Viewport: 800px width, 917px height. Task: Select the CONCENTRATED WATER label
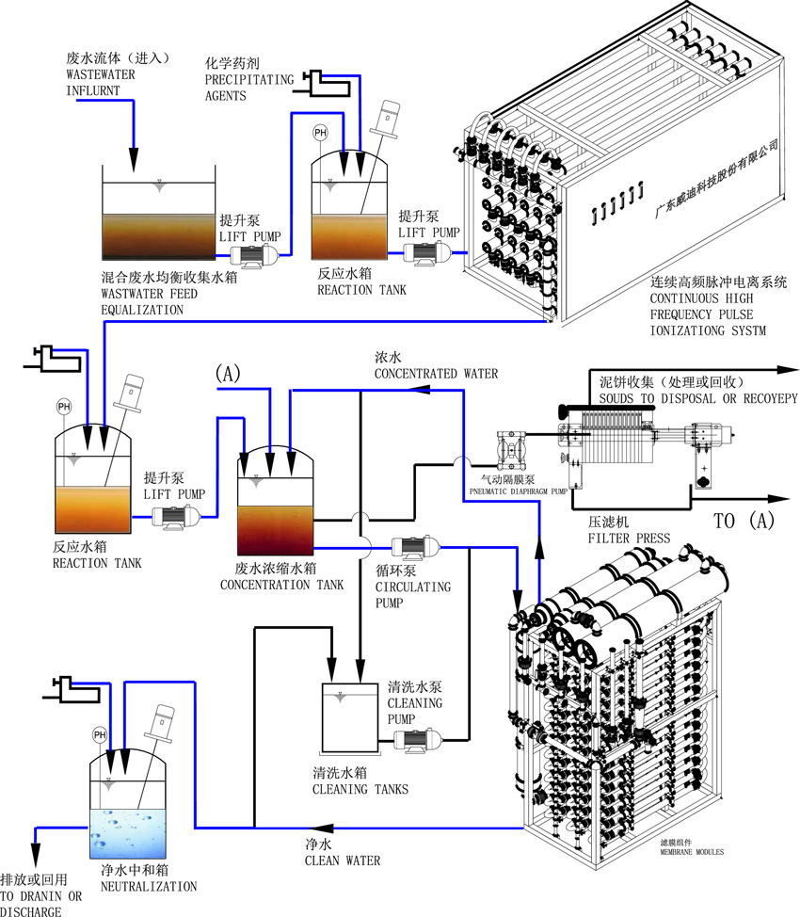436,374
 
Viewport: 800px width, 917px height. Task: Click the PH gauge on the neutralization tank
99,733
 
